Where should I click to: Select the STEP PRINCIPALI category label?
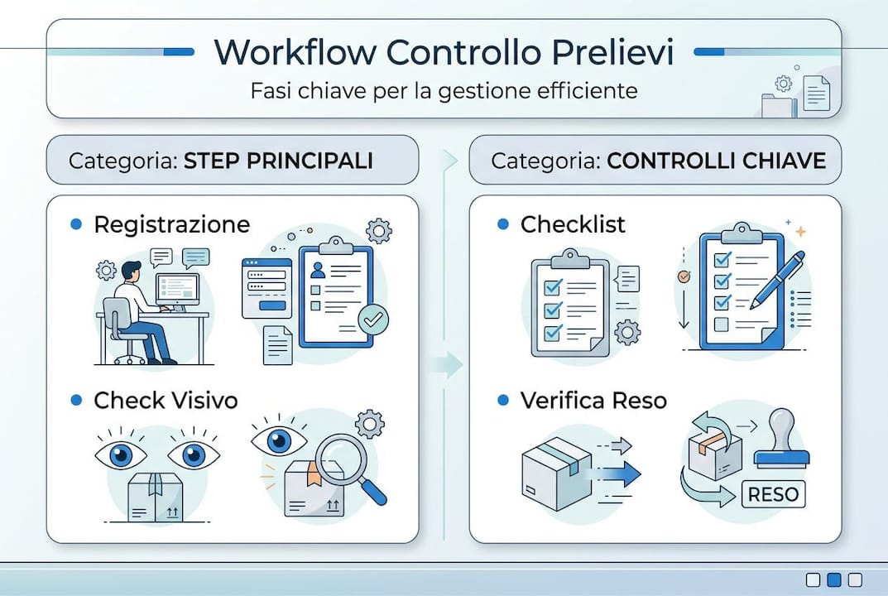coord(278,160)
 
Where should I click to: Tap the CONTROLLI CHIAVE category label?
coord(716,160)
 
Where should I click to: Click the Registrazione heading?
coord(171,224)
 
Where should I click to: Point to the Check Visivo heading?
coord(166,401)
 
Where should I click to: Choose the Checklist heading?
coord(573,224)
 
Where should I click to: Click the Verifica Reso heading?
coord(593,401)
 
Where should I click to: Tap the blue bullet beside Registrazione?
coord(77,224)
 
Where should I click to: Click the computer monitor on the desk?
coord(177,288)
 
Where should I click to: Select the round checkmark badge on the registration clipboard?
coord(373,319)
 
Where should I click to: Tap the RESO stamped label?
coord(773,494)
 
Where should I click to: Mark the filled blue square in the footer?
coord(834,579)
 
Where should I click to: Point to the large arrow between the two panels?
coord(448,363)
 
